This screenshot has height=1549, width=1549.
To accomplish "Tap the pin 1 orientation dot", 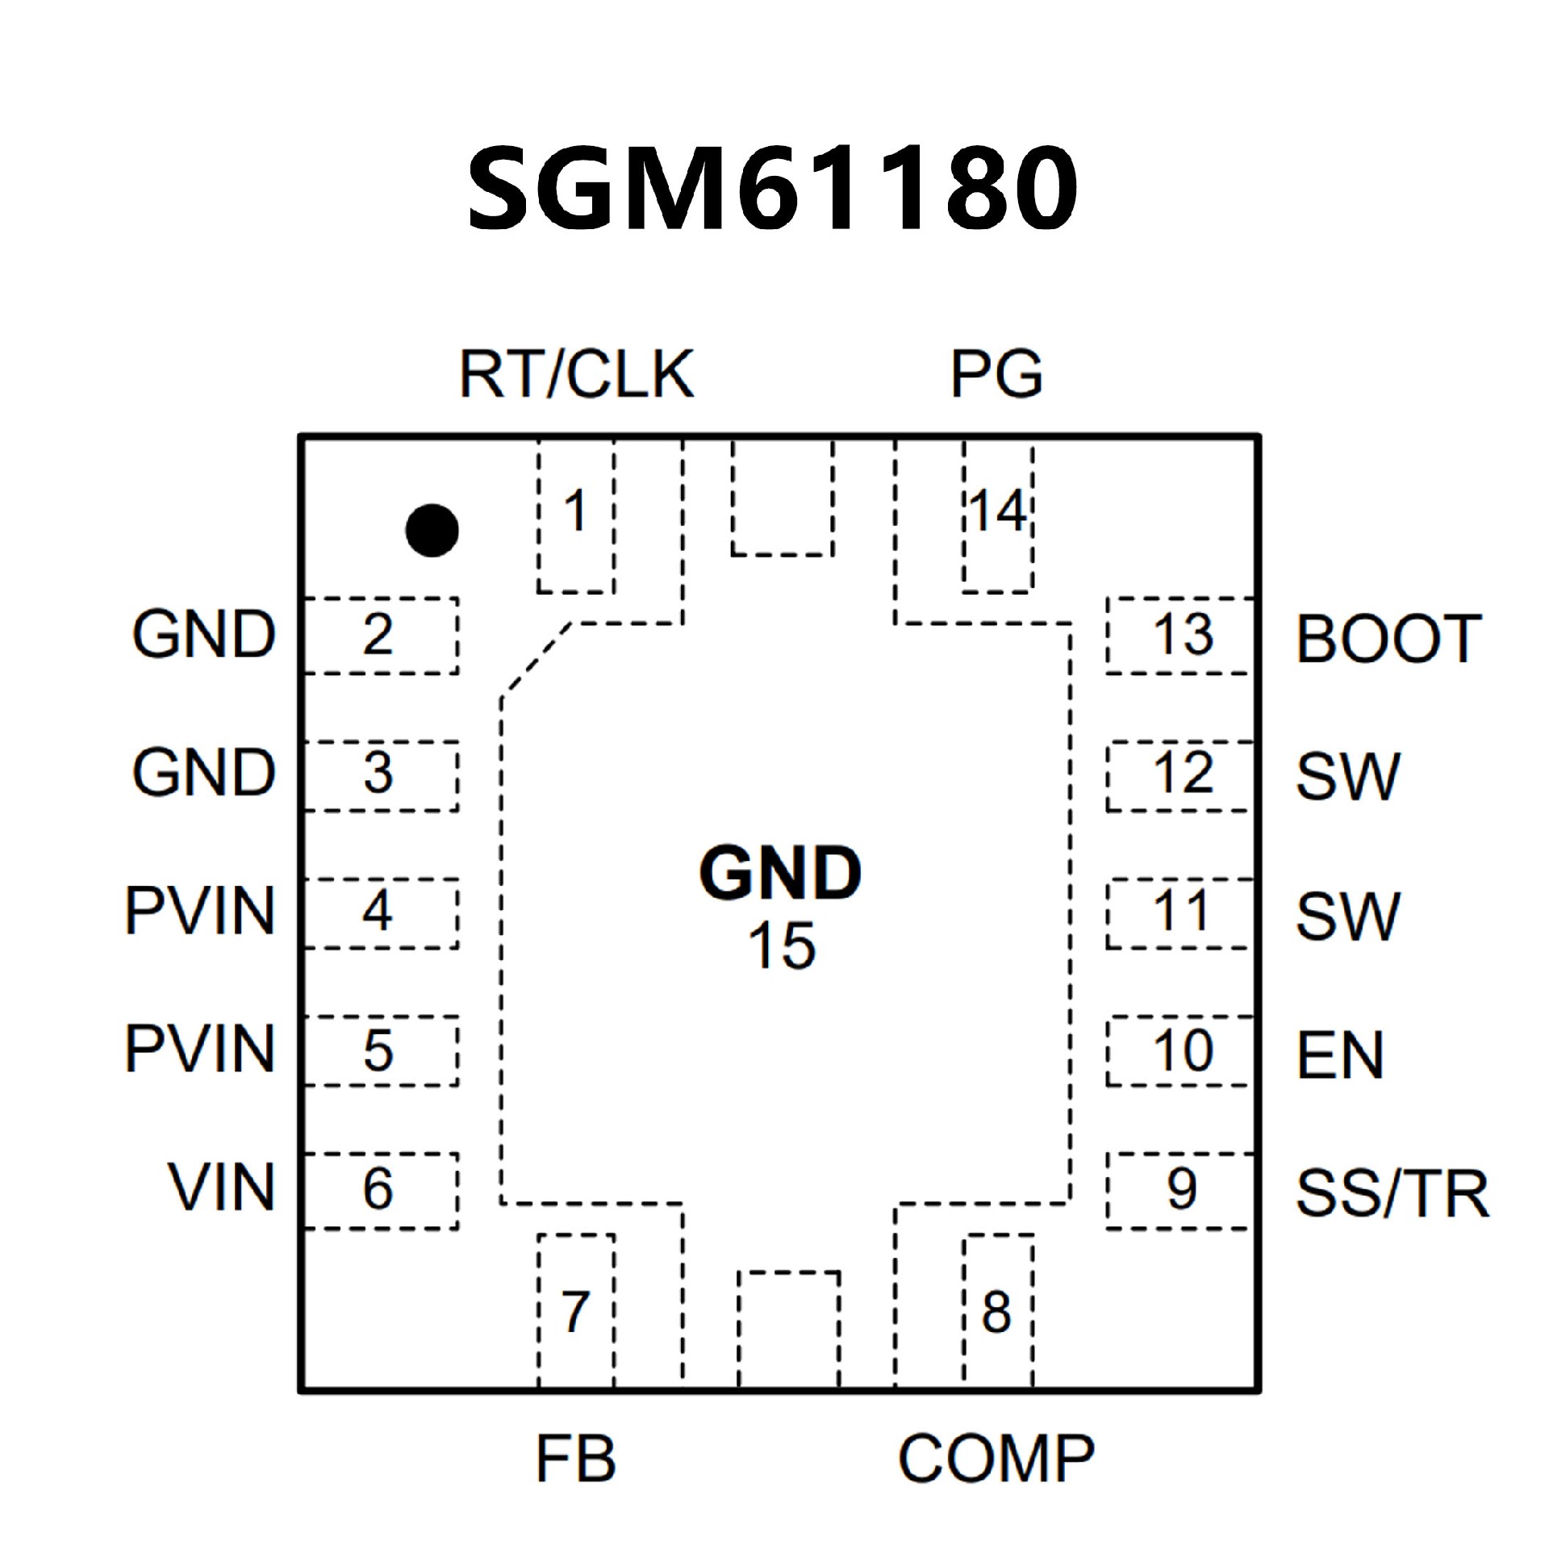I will [432, 530].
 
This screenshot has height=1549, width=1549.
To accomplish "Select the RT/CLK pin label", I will [576, 374].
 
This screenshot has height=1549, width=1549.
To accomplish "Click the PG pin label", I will [996, 374].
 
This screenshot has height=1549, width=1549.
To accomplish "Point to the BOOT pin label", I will [1388, 639].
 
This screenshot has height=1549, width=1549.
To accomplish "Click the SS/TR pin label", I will [1392, 1193].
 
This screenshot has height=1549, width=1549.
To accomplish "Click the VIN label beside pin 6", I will [221, 1188].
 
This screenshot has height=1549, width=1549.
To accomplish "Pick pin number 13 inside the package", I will [1183, 634].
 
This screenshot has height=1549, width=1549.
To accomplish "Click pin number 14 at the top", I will [998, 511].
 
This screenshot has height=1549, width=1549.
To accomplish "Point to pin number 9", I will [1182, 1188].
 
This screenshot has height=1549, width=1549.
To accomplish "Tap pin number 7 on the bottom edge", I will [574, 1311].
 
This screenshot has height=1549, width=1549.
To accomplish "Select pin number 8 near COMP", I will [996, 1312].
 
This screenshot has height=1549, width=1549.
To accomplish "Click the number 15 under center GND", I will [782, 946].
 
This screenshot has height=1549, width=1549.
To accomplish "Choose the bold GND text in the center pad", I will [780, 874].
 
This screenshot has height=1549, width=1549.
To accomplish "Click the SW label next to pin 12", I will [1347, 777].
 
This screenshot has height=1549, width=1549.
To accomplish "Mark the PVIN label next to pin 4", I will [200, 911].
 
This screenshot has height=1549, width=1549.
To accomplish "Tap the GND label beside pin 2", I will [204, 634].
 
